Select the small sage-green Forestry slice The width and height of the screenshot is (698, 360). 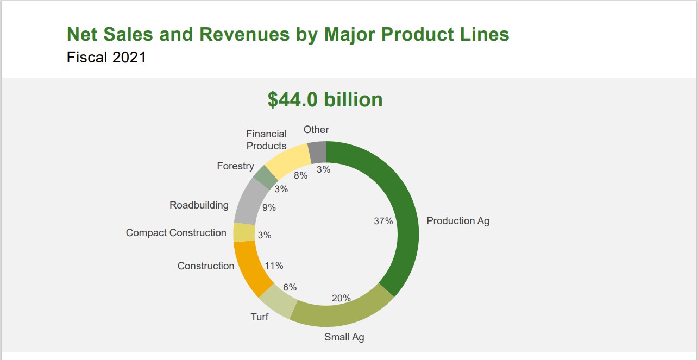point(266,176)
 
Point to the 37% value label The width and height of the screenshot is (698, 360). point(383,221)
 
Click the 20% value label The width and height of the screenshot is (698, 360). point(341,298)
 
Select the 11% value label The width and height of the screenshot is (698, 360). point(274,266)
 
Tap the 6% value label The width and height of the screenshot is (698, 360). point(290,287)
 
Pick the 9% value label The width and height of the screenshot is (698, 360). point(269,207)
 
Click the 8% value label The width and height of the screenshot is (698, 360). point(300,175)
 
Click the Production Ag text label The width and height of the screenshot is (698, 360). point(458,221)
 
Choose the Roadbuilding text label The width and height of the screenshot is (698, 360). point(199,205)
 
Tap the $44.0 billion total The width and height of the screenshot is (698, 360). point(325,99)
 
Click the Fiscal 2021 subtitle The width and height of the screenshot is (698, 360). point(106,57)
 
